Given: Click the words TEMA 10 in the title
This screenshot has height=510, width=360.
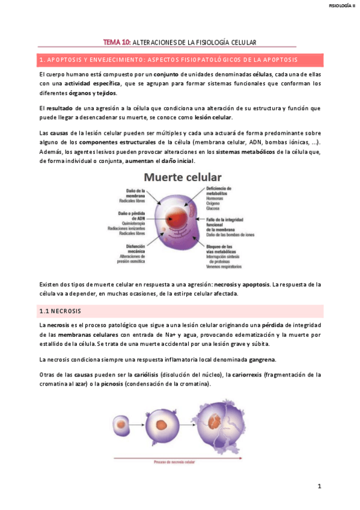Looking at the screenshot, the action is click(117, 42).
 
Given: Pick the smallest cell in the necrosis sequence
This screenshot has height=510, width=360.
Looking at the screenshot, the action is click(123, 429).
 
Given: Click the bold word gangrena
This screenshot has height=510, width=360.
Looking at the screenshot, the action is click(258, 360).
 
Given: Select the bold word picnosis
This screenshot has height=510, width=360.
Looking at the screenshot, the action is click(112, 384).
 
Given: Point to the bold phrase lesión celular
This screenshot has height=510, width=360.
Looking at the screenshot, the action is click(213, 117).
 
